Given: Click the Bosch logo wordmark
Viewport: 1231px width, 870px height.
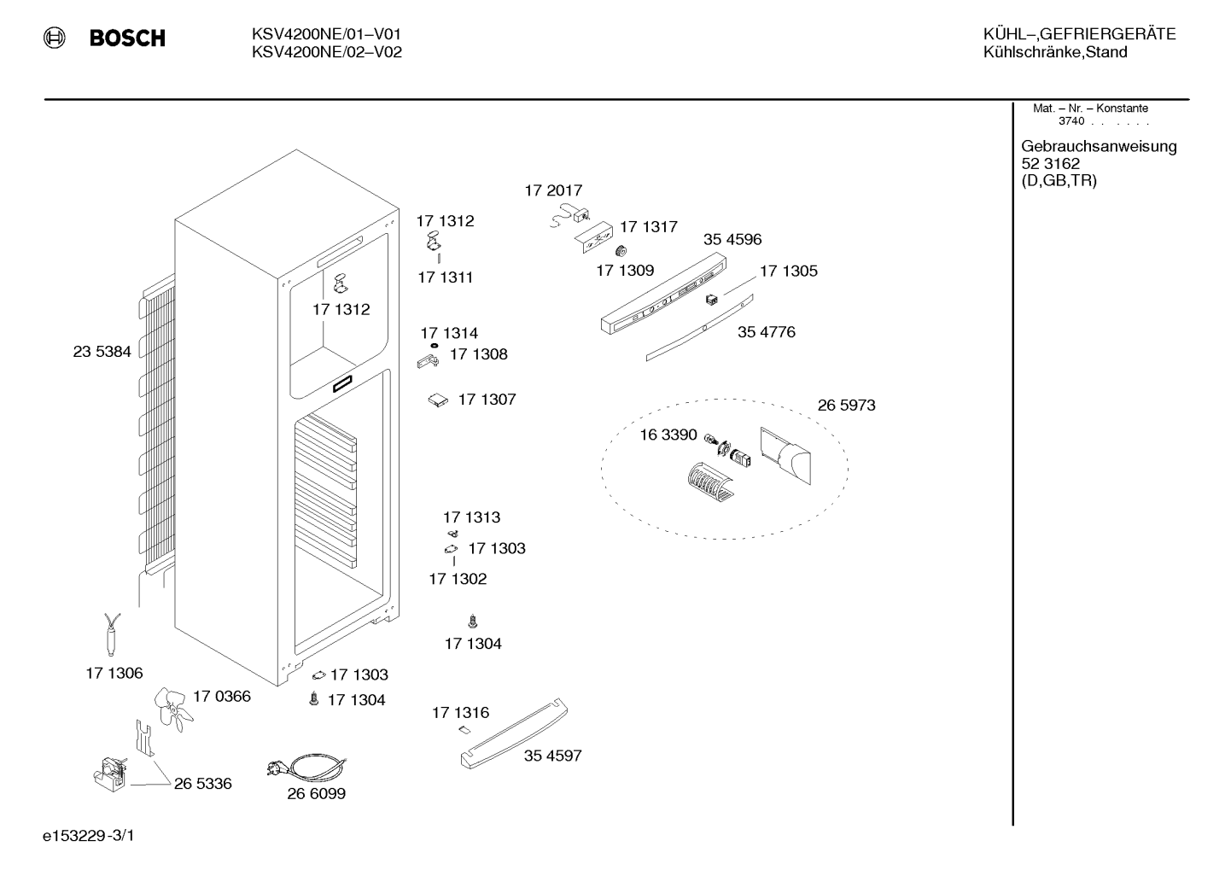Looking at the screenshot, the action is (127, 38).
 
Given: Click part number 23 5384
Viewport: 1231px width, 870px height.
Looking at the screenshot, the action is (102, 352).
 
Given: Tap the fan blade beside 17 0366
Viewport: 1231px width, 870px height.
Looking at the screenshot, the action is (172, 709).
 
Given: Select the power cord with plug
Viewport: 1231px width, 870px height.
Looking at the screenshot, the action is (306, 768).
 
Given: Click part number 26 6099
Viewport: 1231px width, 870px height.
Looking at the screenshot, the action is (317, 794).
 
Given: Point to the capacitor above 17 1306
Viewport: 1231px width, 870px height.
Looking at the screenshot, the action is (112, 634).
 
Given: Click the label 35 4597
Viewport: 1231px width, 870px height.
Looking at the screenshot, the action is (553, 756).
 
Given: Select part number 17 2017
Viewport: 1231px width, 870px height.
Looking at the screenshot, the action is (553, 190).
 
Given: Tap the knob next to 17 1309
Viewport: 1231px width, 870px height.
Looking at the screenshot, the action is (621, 251).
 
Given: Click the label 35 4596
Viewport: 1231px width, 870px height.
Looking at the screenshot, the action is (732, 240).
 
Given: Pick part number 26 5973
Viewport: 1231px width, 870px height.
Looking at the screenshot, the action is (846, 406).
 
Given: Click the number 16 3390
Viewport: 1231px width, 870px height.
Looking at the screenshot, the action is (668, 435).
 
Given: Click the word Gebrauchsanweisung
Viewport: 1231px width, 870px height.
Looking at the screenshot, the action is (1100, 147).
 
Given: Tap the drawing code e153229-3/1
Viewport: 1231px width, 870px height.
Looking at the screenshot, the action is (89, 836).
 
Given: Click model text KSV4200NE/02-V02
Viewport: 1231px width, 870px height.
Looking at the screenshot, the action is (327, 52).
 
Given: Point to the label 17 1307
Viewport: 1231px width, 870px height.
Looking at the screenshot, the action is (487, 400).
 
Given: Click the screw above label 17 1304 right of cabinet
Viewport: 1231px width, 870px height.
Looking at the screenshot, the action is (473, 622).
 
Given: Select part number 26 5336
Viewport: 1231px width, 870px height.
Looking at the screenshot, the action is (203, 784).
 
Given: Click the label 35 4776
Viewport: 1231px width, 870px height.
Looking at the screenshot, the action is (767, 332).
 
